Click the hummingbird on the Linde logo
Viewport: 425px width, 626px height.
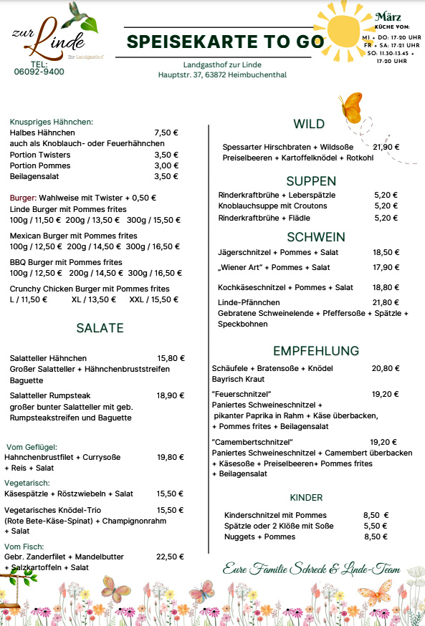point(80,15)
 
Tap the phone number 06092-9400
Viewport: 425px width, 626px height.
point(39,72)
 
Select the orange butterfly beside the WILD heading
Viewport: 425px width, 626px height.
point(350,107)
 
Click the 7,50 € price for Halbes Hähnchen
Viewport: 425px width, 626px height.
point(166,133)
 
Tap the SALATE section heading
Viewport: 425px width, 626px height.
point(100,328)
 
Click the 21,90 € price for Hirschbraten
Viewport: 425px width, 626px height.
point(386,147)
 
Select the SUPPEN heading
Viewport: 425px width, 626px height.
point(311,180)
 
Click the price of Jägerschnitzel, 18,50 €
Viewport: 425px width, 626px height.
point(386,252)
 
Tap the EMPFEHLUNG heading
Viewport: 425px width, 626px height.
point(315,350)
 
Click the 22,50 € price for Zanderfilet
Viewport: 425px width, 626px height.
point(171,557)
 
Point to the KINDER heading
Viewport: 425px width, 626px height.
point(306,497)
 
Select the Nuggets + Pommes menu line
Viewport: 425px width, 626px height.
point(259,536)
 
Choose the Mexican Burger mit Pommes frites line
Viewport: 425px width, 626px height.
point(74,236)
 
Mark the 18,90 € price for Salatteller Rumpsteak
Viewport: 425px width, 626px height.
point(171,395)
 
